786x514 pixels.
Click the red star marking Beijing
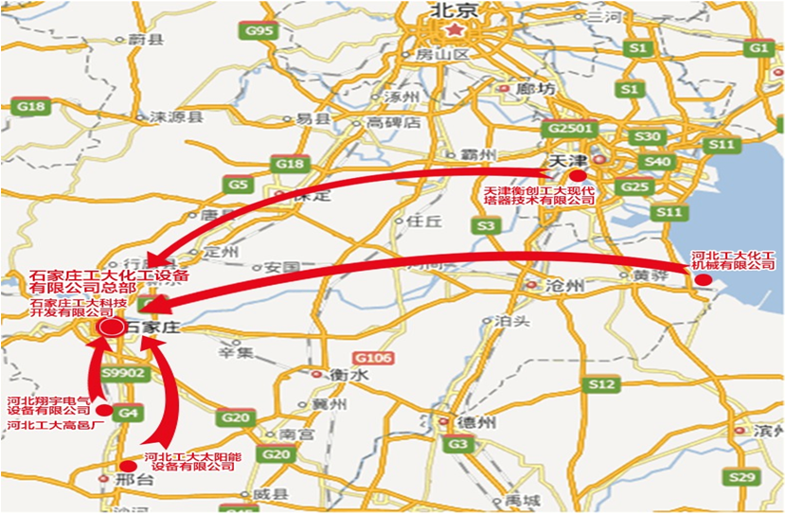point(458,31)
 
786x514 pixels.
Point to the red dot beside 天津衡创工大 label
point(577,177)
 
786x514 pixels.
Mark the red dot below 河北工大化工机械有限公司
point(703,280)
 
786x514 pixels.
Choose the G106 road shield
point(373,358)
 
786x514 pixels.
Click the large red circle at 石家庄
point(110,327)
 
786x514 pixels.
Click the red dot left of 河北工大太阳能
point(127,466)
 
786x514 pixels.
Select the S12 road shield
point(598,384)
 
